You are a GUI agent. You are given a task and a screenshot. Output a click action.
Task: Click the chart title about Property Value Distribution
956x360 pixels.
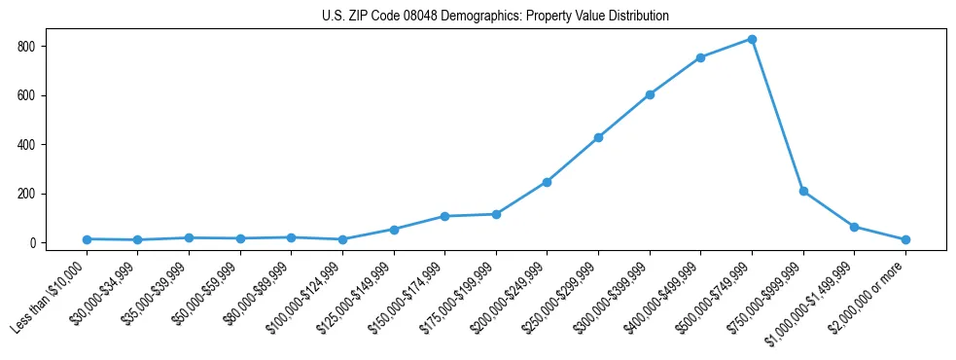pos(495,16)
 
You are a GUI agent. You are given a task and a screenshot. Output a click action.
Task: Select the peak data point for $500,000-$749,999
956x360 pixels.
pos(752,39)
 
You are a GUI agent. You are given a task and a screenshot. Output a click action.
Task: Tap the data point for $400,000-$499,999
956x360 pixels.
pos(700,57)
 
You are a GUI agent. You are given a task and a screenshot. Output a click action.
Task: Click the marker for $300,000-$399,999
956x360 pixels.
pos(650,94)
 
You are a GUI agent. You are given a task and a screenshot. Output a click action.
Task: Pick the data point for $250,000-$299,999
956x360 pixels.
pos(598,137)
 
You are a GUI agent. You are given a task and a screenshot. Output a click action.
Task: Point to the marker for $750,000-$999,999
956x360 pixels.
pos(803,192)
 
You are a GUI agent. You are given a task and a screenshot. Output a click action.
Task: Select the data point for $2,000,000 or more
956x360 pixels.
pos(905,239)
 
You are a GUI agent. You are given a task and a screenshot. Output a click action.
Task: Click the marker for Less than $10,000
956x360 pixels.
pos(87,239)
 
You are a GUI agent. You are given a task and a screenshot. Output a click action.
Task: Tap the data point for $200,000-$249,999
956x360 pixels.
pos(547,182)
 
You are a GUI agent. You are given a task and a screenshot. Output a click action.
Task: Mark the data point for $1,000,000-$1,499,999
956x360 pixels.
pos(854,227)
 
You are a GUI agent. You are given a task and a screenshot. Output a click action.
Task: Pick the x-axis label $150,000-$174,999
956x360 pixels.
pos(407,296)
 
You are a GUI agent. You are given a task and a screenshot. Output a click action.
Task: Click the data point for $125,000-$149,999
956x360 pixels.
pos(394,230)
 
